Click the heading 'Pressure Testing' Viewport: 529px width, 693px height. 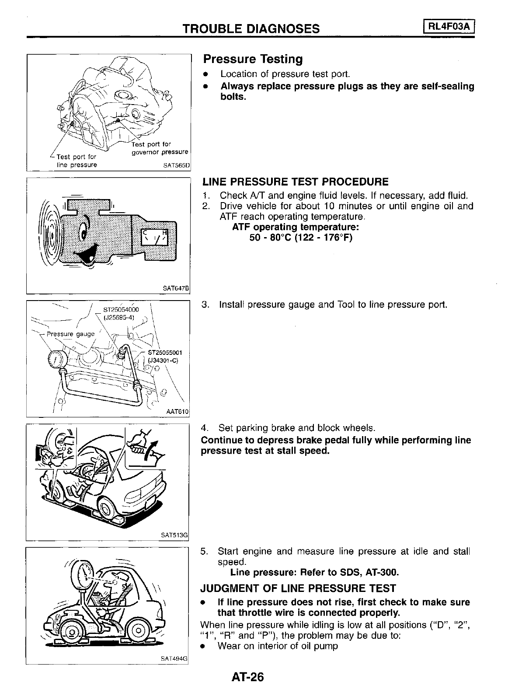pos(253,59)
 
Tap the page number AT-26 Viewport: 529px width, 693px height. pos(248,677)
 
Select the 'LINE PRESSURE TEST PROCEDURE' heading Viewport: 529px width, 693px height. pos(295,182)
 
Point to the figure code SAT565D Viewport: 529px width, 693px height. pos(177,166)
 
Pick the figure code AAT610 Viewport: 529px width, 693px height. pos(177,412)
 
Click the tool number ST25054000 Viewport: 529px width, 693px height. pos(121,310)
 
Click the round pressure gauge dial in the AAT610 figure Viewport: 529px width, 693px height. pos(56,360)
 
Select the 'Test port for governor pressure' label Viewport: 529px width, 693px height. pos(160,148)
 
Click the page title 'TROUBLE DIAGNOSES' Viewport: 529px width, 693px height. pos(251,29)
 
